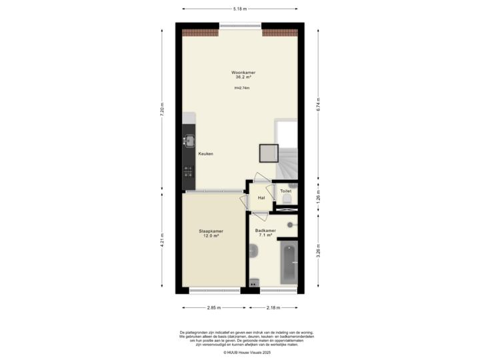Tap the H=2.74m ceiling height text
(x=241, y=88)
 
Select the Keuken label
(x=205, y=154)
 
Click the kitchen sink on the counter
(x=189, y=141)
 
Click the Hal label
(x=261, y=198)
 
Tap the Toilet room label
(x=285, y=191)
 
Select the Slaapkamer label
(x=211, y=231)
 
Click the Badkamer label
(x=265, y=231)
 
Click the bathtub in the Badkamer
(x=289, y=263)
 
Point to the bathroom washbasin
(x=253, y=251)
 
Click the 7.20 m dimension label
(x=162, y=109)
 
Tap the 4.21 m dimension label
(x=162, y=239)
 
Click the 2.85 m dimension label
(x=213, y=307)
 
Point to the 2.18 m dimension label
(x=273, y=307)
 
